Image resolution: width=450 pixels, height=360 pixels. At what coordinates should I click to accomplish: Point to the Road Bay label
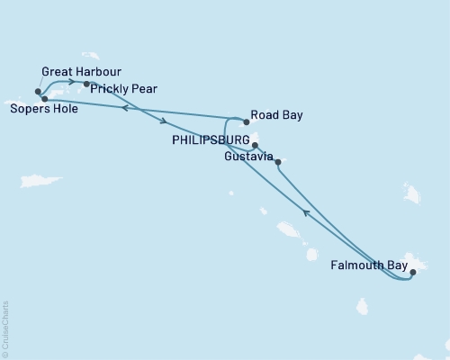tap(276, 115)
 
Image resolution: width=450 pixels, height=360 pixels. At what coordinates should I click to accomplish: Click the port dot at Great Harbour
tap(38, 91)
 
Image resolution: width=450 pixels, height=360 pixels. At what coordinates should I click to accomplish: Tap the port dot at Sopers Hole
tap(44, 98)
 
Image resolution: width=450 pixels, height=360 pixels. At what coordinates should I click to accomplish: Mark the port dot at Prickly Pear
tap(86, 85)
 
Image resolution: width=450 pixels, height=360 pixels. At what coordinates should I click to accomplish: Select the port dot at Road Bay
tap(247, 121)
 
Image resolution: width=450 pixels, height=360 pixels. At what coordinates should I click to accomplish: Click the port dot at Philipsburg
tap(255, 145)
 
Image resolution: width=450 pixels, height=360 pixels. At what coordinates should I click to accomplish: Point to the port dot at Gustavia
tap(277, 162)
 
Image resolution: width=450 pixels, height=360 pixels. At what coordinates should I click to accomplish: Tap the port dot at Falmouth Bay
tap(412, 271)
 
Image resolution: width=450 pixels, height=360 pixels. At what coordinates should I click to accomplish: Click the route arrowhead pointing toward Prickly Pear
tap(71, 82)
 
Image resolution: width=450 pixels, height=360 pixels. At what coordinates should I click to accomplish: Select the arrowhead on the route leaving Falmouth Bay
tap(306, 212)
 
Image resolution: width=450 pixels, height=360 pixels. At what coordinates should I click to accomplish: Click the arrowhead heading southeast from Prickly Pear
tap(164, 121)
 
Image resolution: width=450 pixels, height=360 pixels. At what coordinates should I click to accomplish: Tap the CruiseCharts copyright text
tap(5, 328)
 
